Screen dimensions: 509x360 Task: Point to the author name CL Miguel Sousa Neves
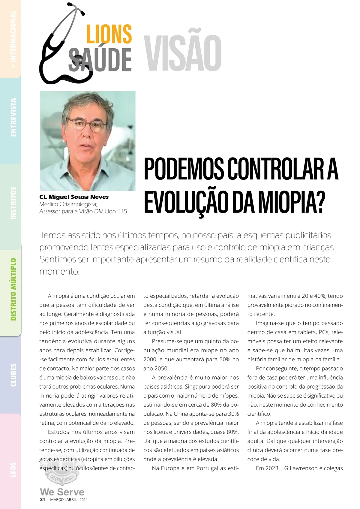click(74, 197)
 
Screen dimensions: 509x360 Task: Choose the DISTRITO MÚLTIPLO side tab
click(13, 289)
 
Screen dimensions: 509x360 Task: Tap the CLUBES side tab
click(13, 375)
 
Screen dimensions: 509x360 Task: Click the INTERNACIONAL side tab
click(13, 39)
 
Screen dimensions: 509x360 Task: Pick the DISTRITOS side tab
click(13, 203)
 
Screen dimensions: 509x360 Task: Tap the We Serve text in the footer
click(62, 492)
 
